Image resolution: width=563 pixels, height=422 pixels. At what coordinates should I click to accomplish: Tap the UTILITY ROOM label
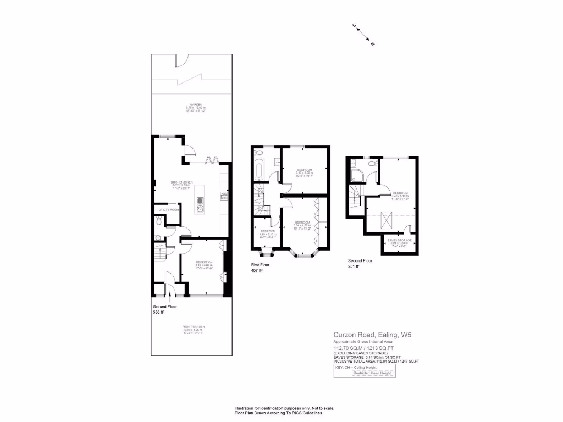coord(169,210)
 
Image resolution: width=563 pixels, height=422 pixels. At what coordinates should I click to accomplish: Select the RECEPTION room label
coord(204,263)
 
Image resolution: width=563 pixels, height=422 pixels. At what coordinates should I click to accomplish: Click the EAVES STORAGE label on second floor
coord(399,240)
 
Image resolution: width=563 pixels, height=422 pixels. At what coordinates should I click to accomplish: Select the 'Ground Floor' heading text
coord(165,307)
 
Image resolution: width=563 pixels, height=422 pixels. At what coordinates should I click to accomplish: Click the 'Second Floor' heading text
coord(360,261)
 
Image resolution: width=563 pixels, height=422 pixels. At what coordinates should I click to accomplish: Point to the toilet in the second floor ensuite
coord(372,164)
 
